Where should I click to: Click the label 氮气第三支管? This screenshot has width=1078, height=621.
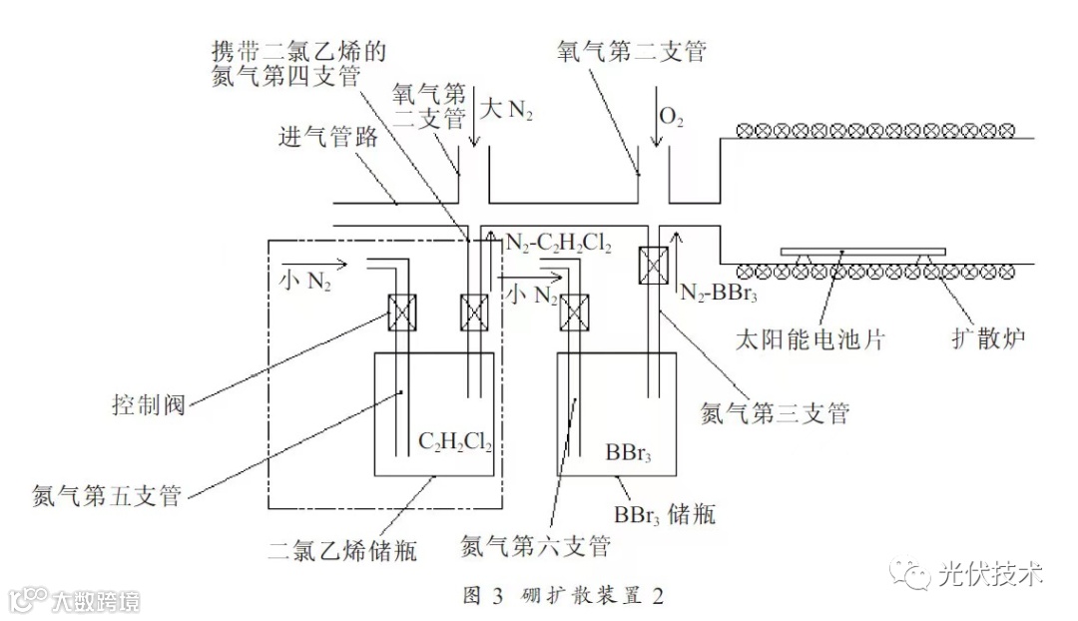pyautogui.click(x=776, y=412)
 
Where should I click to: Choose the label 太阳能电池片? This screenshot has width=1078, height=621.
pyautogui.click(x=805, y=339)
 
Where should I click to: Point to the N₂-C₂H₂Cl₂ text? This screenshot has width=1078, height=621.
pyautogui.click(x=558, y=243)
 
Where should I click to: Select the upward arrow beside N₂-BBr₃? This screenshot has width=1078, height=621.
pyautogui.click(x=678, y=250)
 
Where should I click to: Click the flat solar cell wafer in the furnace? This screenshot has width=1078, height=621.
pyautogui.click(x=864, y=249)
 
